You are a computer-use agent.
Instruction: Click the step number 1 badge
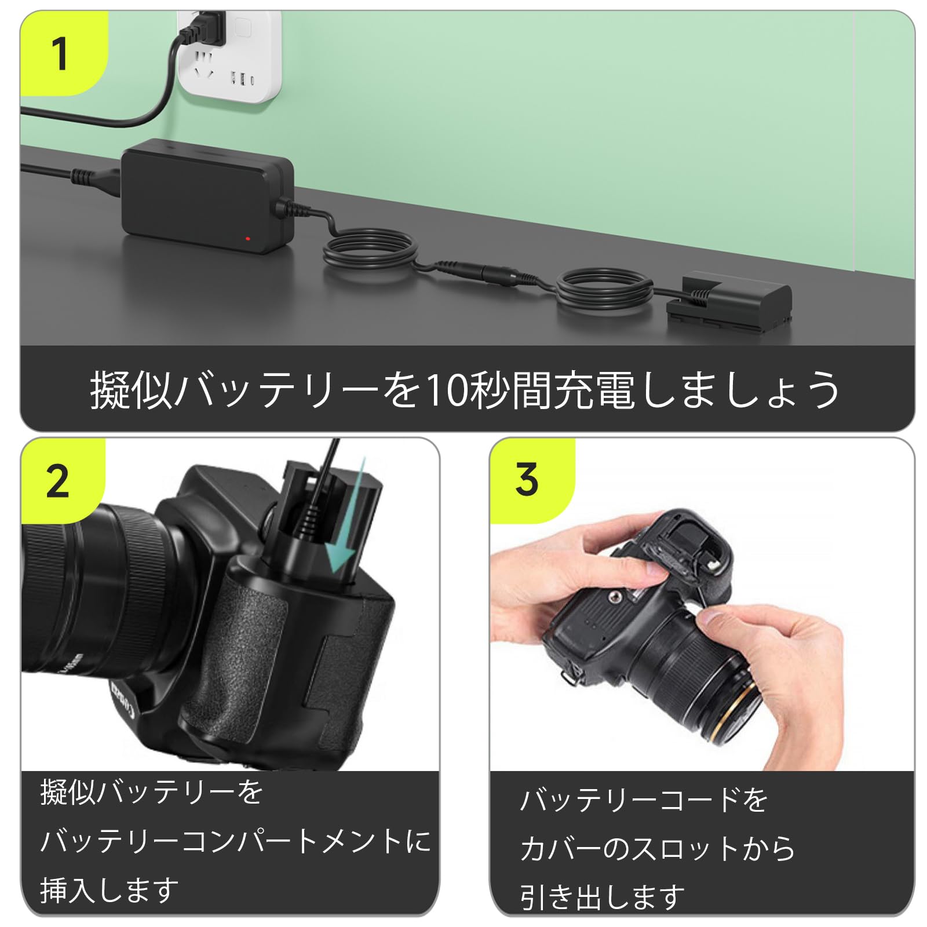pyautogui.click(x=60, y=54)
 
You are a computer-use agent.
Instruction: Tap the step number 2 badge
pyautogui.click(x=58, y=481)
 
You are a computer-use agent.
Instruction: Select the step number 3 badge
pyautogui.click(x=526, y=480)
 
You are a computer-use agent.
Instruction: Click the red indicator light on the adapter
pyautogui.click(x=248, y=238)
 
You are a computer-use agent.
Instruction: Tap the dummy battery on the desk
pyautogui.click(x=729, y=304)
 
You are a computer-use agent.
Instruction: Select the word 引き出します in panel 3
pyautogui.click(x=603, y=897)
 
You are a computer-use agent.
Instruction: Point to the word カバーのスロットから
pyautogui.click(x=658, y=849)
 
